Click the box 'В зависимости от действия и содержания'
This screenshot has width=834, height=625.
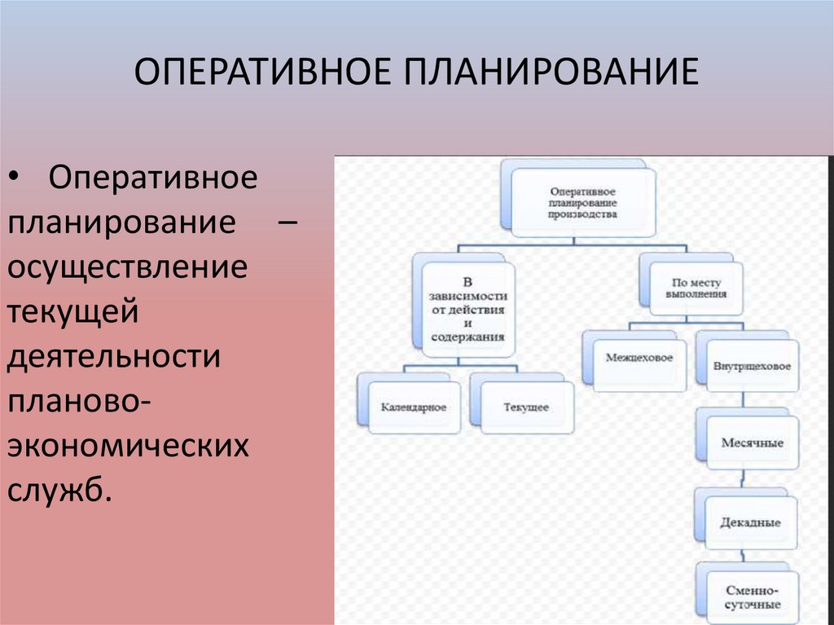[x=468, y=310]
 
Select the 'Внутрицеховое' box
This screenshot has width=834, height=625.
[x=751, y=366]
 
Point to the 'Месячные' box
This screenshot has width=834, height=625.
[x=752, y=442]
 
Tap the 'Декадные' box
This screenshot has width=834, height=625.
[x=750, y=522]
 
